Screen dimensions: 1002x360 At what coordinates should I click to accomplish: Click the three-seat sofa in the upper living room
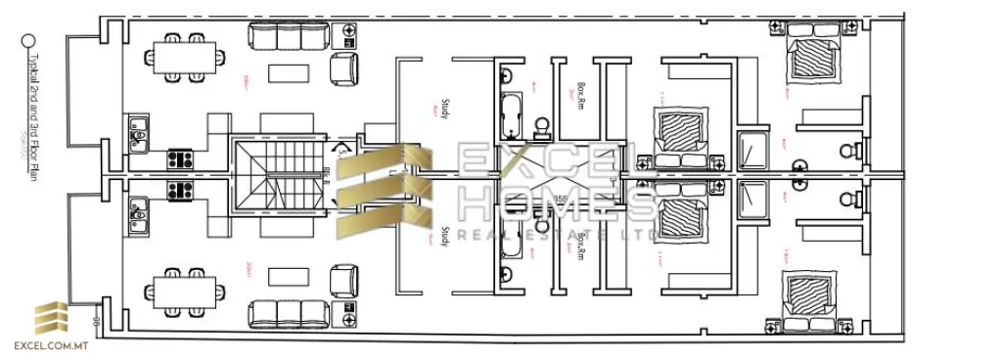click(276, 38)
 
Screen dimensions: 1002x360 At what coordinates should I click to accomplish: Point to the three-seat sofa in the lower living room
click(276, 313)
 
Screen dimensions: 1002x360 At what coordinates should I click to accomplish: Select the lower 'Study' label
click(445, 237)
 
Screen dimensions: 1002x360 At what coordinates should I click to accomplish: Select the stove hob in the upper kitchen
click(179, 158)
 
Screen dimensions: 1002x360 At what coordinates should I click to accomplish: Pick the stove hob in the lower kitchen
click(179, 190)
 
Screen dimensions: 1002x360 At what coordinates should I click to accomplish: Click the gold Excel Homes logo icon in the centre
click(385, 193)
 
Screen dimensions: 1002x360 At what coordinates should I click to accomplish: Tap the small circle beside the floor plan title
click(28, 41)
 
